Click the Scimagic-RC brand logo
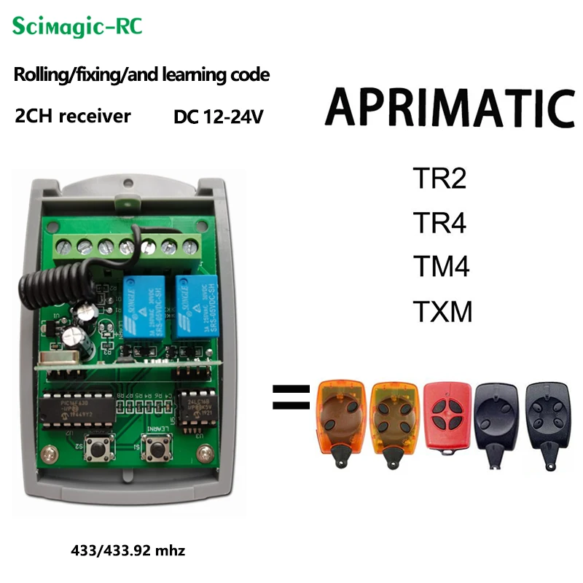(77, 28)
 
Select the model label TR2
(439, 179)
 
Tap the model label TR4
(439, 223)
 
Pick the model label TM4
(441, 267)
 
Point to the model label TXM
(443, 312)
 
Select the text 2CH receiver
(73, 116)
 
